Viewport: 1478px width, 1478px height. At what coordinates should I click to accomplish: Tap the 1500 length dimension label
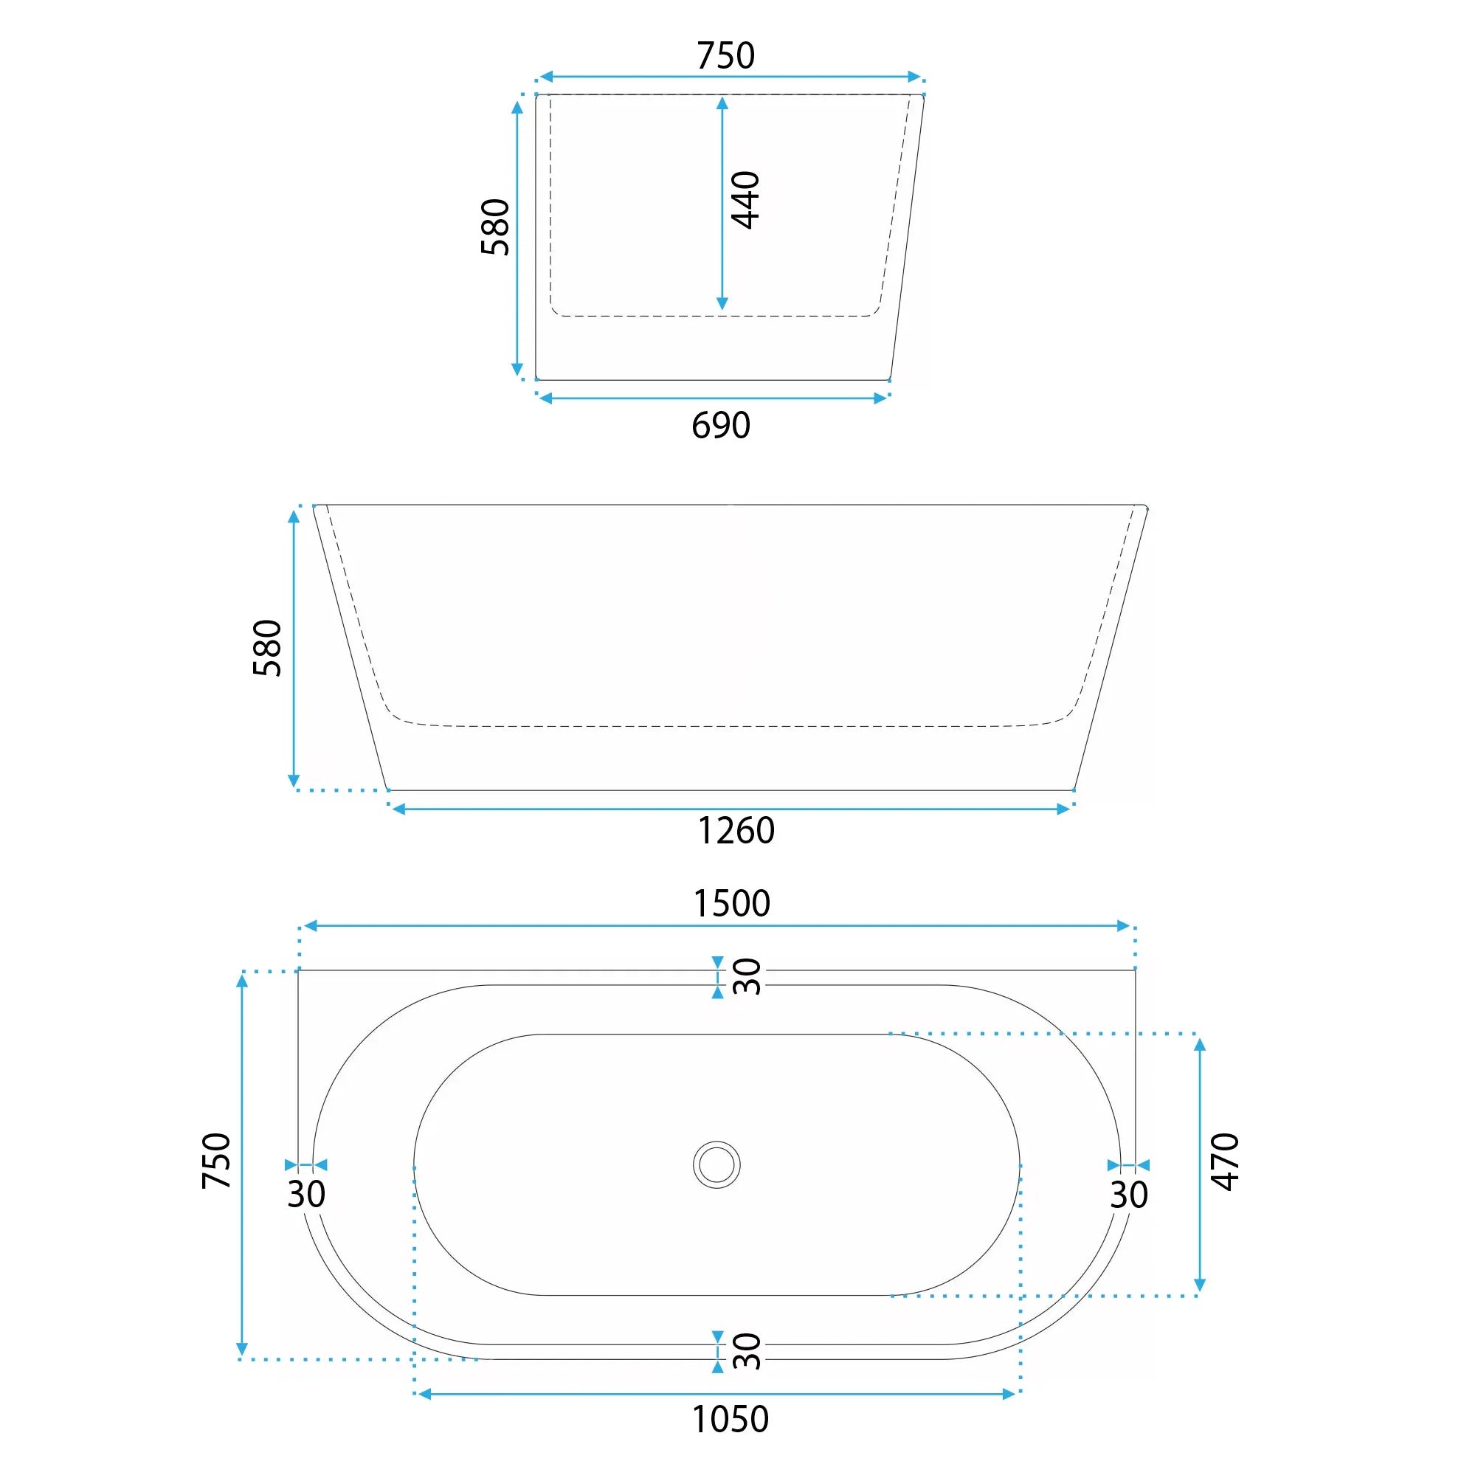coord(731,903)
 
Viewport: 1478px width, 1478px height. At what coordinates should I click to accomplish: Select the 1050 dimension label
coord(730,1419)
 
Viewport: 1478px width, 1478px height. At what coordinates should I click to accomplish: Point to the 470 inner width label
coord(1225,1162)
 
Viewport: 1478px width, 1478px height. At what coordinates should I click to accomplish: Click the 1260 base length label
coord(736,831)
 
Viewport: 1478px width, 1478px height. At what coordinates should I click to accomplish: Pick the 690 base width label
coord(721,425)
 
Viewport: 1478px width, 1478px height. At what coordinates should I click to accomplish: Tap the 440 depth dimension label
coord(745,200)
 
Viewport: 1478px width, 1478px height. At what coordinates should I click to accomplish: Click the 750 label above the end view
coord(725,56)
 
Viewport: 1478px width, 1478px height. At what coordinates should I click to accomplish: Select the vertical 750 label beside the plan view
coord(215,1161)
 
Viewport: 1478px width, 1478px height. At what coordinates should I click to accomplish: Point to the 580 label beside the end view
coord(495,227)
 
